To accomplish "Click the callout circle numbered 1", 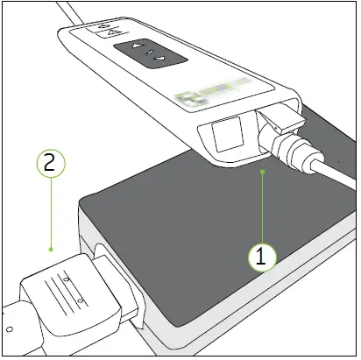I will click(263, 257).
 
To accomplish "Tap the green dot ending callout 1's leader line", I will click(263, 173).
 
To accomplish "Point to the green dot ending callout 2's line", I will click(52, 249).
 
